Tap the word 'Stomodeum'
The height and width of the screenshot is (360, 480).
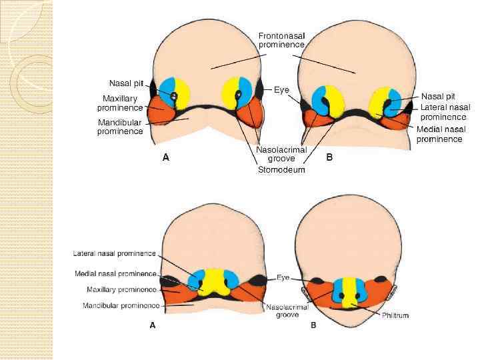pyautogui.click(x=281, y=170)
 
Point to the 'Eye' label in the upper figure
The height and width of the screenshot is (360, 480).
pyautogui.click(x=281, y=89)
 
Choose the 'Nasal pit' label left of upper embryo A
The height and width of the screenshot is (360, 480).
pyautogui.click(x=125, y=83)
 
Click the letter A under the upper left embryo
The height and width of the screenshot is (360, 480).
pyautogui.click(x=166, y=158)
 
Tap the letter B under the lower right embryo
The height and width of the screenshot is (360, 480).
pyautogui.click(x=313, y=325)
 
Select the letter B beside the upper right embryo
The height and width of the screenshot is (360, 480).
pyautogui.click(x=329, y=158)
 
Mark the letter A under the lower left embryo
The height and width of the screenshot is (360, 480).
pyautogui.click(x=153, y=325)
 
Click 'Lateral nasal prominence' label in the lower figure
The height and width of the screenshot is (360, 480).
pyautogui.click(x=114, y=253)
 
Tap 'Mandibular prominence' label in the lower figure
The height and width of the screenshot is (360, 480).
pyautogui.click(x=121, y=306)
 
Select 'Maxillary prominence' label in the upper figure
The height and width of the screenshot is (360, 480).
pyautogui.click(x=120, y=103)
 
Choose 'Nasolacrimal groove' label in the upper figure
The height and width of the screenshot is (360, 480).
pyautogui.click(x=281, y=155)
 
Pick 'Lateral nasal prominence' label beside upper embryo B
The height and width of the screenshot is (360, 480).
pyautogui.click(x=445, y=112)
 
